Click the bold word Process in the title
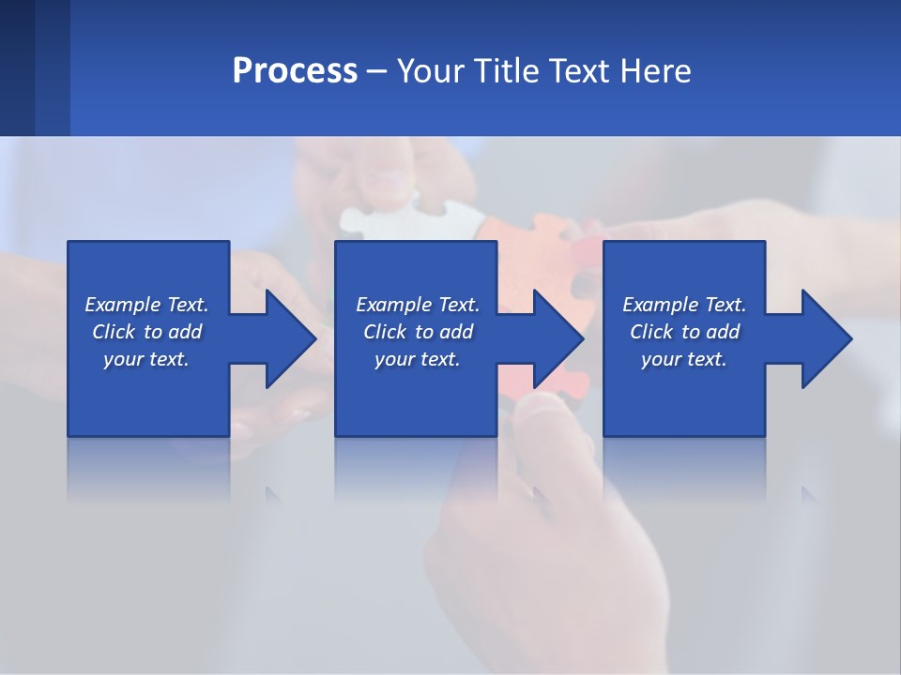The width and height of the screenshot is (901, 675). pyautogui.click(x=295, y=71)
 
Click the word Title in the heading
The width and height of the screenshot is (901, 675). pyautogui.click(x=504, y=71)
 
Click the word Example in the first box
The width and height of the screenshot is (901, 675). pyautogui.click(x=122, y=305)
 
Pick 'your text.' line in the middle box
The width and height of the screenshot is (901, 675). pyautogui.click(x=417, y=359)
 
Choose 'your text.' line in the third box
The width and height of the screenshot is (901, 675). pyautogui.click(x=683, y=359)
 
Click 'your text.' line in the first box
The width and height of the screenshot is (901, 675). pyautogui.click(x=145, y=359)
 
